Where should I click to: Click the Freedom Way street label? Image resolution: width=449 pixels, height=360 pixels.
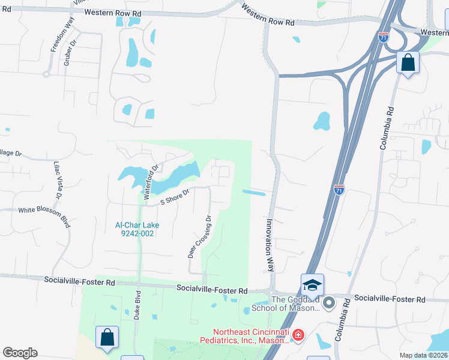(62, 35)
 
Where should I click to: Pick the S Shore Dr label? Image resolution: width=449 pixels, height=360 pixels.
(174, 197)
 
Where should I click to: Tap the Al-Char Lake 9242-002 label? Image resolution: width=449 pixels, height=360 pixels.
(135, 229)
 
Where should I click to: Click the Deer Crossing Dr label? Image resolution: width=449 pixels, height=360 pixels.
(200, 236)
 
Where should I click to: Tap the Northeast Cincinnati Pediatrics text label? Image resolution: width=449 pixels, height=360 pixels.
(251, 336)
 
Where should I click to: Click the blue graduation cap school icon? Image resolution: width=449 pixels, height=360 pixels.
(312, 285)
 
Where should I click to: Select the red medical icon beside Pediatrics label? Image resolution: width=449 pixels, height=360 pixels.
(298, 334)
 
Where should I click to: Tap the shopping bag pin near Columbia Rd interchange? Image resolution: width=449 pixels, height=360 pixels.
(408, 62)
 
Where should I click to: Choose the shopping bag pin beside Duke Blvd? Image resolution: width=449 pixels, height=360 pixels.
(107, 337)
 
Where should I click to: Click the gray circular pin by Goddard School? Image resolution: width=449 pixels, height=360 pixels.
(329, 304)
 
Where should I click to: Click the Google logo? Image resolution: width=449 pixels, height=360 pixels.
(20, 353)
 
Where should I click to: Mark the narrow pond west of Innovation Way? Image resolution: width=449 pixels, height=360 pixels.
(254, 193)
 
